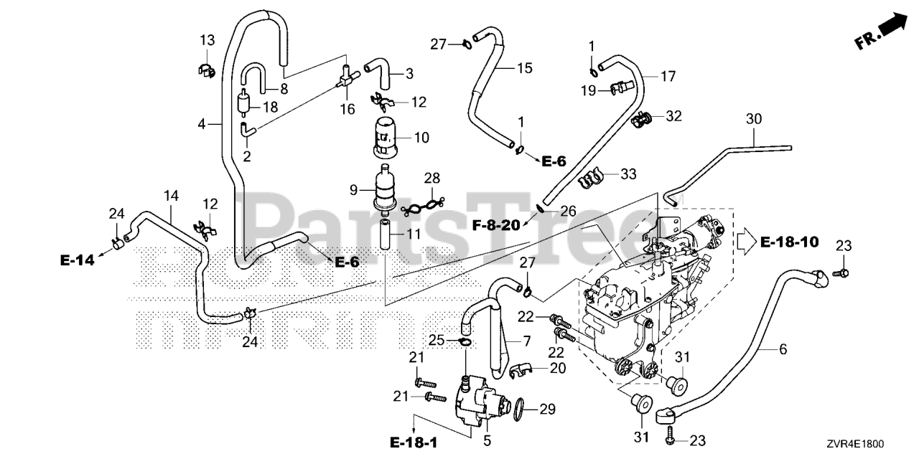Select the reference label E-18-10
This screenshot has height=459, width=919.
(789, 242)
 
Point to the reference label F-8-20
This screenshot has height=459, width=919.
(495, 225)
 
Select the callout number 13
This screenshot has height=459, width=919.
(207, 39)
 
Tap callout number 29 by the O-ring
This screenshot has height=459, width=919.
(547, 410)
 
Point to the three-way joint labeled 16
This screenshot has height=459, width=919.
(347, 79)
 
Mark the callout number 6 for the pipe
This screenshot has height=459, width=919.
(783, 349)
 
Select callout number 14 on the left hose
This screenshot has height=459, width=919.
(170, 195)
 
